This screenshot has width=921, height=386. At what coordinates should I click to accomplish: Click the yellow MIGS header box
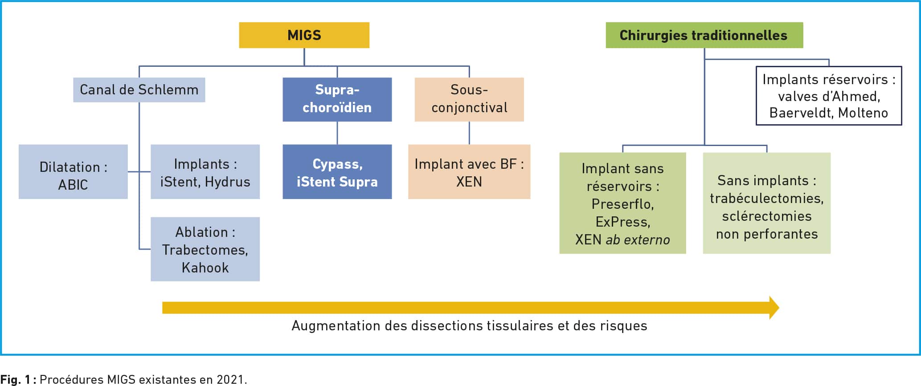point(304,35)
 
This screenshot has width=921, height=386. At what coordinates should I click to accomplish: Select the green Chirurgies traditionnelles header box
point(704,35)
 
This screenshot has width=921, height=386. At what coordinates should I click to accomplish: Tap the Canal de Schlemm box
point(139,90)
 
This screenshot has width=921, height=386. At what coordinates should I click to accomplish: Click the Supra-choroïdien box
point(337,99)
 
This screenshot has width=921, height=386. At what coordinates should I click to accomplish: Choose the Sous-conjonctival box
point(469,99)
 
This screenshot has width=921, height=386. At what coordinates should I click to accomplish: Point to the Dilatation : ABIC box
point(73,171)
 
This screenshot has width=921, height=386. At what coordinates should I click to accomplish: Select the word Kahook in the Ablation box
point(205,268)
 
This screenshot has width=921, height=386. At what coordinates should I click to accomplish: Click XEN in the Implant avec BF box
point(469,182)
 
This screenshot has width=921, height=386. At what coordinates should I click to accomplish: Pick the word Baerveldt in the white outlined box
point(802,113)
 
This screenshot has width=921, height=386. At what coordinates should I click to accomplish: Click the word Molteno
point(863,113)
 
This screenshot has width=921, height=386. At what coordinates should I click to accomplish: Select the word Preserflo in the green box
point(622,204)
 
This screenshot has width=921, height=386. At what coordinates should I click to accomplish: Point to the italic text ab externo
point(638,240)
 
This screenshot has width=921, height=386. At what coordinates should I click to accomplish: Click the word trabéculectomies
point(767,198)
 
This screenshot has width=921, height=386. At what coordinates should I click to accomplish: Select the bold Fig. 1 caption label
point(18,379)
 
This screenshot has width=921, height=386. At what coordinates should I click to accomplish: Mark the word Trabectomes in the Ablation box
point(205,250)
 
